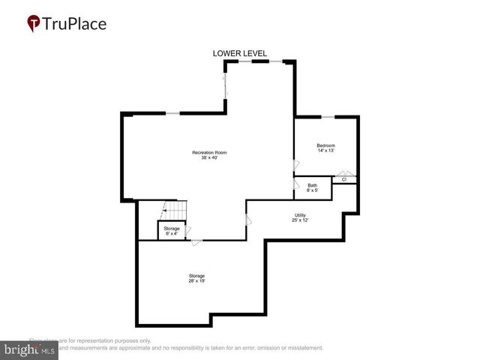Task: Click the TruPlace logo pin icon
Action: point(34,23)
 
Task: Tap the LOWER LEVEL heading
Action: point(240,53)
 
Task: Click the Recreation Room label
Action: point(209,152)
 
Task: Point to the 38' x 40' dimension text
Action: point(209,157)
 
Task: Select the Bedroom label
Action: point(325,145)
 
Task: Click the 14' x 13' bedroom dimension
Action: point(325,150)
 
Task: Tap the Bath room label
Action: point(312,185)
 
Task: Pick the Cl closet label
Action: point(344,180)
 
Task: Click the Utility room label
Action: point(299,215)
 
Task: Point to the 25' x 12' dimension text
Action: point(299,220)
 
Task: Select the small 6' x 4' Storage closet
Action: point(172,230)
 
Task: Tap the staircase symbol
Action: point(175,211)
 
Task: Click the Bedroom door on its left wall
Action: point(295,166)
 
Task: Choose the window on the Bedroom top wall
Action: point(328,117)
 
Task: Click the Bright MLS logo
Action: point(30,349)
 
